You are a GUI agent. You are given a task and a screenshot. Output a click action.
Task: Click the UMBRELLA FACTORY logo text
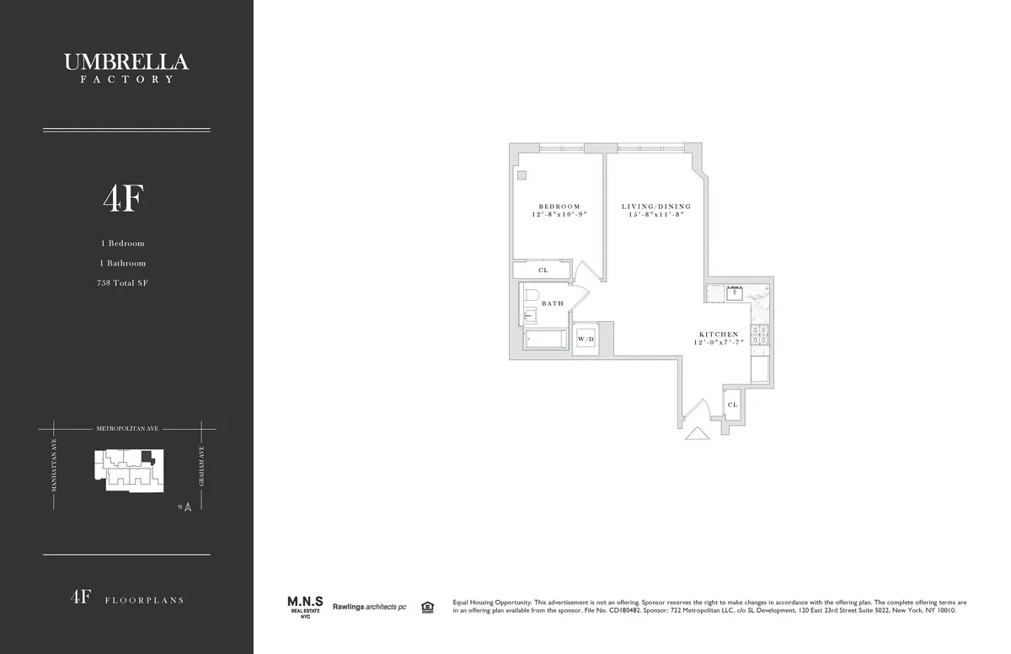tap(126, 67)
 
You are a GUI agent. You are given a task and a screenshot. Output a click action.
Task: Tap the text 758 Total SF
tap(123, 283)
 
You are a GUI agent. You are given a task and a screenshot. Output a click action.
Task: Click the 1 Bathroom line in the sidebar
tap(123, 263)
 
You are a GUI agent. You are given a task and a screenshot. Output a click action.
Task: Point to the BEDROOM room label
tap(559, 207)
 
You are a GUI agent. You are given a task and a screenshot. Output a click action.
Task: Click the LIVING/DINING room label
tap(656, 206)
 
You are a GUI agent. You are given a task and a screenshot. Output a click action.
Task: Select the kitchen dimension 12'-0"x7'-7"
tap(718, 343)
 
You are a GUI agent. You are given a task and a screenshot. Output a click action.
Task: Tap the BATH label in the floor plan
tap(553, 303)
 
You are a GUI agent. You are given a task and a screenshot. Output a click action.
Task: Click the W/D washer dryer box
tap(585, 339)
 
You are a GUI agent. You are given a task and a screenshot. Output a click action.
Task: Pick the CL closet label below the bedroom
tap(543, 271)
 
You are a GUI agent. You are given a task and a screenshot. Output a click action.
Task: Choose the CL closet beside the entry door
tap(732, 405)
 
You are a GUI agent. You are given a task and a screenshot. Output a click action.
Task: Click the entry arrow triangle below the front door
tap(698, 433)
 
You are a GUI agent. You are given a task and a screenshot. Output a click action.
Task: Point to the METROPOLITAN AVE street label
tap(126, 429)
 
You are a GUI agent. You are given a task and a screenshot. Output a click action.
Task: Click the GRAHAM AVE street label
tap(203, 467)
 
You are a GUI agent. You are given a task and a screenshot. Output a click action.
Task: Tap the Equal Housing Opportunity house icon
tap(426, 606)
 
